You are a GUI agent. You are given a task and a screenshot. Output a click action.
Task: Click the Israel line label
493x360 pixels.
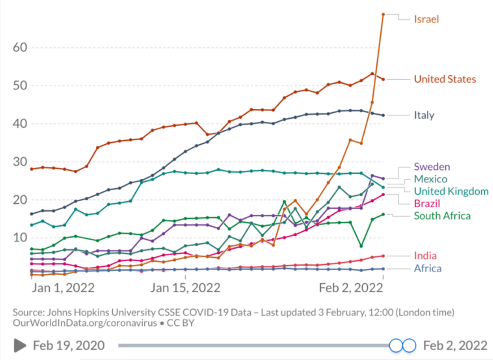[426, 19]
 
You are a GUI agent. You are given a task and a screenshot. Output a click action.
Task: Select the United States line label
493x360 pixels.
[445, 79]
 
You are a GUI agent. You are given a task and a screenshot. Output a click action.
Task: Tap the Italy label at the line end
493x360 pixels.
[424, 115]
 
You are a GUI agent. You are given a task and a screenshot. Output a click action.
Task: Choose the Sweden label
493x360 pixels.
[432, 167]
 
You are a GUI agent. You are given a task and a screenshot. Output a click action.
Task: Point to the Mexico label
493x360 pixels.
[430, 179]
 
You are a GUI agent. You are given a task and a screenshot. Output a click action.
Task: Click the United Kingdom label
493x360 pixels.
[451, 191]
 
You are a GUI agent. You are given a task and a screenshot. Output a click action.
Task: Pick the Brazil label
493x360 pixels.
[427, 204]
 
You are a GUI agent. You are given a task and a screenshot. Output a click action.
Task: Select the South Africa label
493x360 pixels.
[442, 216]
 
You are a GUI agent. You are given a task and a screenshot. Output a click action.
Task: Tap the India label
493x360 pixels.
[425, 256]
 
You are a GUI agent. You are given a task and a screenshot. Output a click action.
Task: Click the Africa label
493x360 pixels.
[428, 269]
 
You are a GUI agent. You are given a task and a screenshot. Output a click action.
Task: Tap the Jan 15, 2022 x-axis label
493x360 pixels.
[185, 288]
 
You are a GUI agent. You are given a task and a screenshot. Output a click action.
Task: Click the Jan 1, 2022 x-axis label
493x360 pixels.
[63, 288]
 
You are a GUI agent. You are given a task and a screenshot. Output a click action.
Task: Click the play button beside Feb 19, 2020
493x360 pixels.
[20, 345]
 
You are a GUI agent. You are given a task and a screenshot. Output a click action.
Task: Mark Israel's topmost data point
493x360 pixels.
[383, 14]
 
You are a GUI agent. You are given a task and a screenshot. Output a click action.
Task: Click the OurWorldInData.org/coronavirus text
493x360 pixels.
[85, 323]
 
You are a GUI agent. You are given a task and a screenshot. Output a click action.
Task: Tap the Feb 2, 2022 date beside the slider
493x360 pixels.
[455, 345]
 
